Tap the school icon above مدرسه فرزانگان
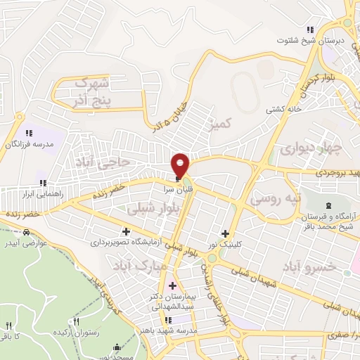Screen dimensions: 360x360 (28, 132)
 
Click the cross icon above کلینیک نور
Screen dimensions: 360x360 (226, 233)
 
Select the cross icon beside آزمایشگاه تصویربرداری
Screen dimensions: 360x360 (127, 231)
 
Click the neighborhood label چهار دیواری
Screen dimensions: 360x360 (310, 149)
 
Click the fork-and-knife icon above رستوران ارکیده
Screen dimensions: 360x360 (86, 321)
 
